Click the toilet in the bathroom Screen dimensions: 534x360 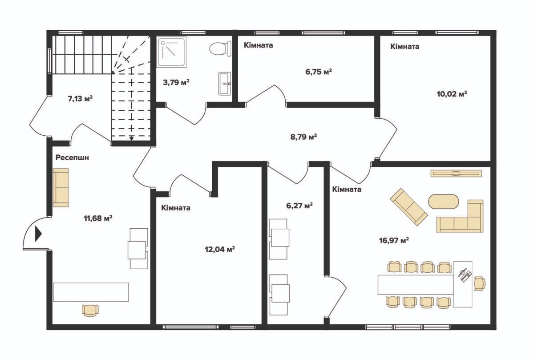click(220, 49)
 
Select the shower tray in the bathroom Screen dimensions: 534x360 click(171, 52)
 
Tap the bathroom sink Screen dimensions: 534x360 click(225, 84)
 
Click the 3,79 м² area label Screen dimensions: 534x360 click(176, 82)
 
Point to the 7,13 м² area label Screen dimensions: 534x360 click(80, 98)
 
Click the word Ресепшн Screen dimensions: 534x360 click(72, 158)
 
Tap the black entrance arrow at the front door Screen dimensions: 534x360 click(38, 234)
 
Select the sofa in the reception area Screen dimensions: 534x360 click(61, 188)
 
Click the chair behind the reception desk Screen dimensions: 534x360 click(90, 311)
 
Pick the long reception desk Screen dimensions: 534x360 click(91, 292)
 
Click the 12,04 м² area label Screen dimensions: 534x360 click(220, 249)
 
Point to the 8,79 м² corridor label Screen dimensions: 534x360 click(303, 137)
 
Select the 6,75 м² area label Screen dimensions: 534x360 click(319, 72)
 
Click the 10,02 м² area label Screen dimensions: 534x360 click(452, 94)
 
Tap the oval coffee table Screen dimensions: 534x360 click(443, 202)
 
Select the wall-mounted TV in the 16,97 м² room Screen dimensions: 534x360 click(456, 173)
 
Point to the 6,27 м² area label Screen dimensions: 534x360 click(299, 206)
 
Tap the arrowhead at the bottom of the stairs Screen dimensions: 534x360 click(131, 138)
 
